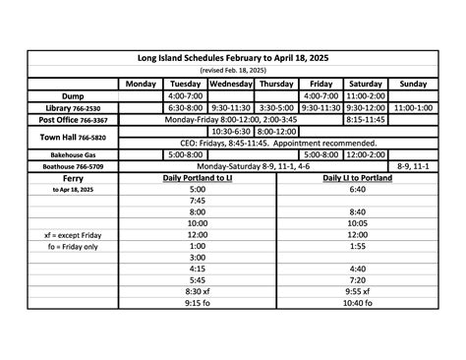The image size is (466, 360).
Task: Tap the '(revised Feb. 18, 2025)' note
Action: click(232, 71)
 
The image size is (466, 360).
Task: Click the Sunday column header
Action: click(414, 84)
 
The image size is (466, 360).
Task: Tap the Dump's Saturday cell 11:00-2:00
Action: click(366, 95)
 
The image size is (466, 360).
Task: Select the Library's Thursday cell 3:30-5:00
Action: click(277, 107)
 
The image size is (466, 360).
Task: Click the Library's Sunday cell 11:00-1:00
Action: click(414, 107)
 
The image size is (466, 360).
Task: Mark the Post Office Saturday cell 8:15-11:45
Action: click(366, 119)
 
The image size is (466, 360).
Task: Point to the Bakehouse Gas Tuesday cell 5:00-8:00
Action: click(185, 155)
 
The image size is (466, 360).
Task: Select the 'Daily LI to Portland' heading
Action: click(357, 179)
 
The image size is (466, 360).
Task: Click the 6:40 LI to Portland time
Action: click(357, 190)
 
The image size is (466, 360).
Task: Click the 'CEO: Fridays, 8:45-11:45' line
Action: click(278, 143)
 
